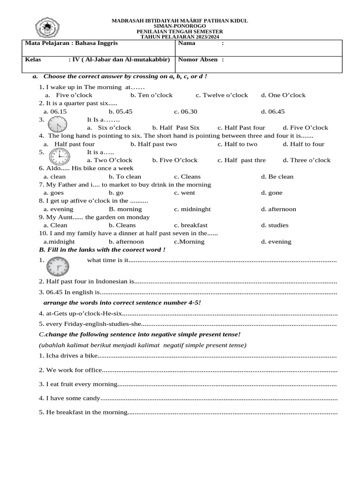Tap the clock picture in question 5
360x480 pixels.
60,156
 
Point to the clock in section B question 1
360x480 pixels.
58,268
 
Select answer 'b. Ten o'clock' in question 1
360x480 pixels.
151,95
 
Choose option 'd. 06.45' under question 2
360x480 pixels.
273,112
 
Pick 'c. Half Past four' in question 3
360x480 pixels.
241,127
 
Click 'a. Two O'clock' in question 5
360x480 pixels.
110,160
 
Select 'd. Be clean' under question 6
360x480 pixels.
277,177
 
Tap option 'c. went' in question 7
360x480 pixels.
185,193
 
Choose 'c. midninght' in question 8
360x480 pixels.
192,209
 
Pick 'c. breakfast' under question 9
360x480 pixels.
191,225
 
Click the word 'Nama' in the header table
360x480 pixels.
187,43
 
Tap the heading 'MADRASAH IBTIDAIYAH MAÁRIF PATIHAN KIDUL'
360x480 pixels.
180,21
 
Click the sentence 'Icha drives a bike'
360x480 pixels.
71,355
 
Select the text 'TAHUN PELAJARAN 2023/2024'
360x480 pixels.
180,37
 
